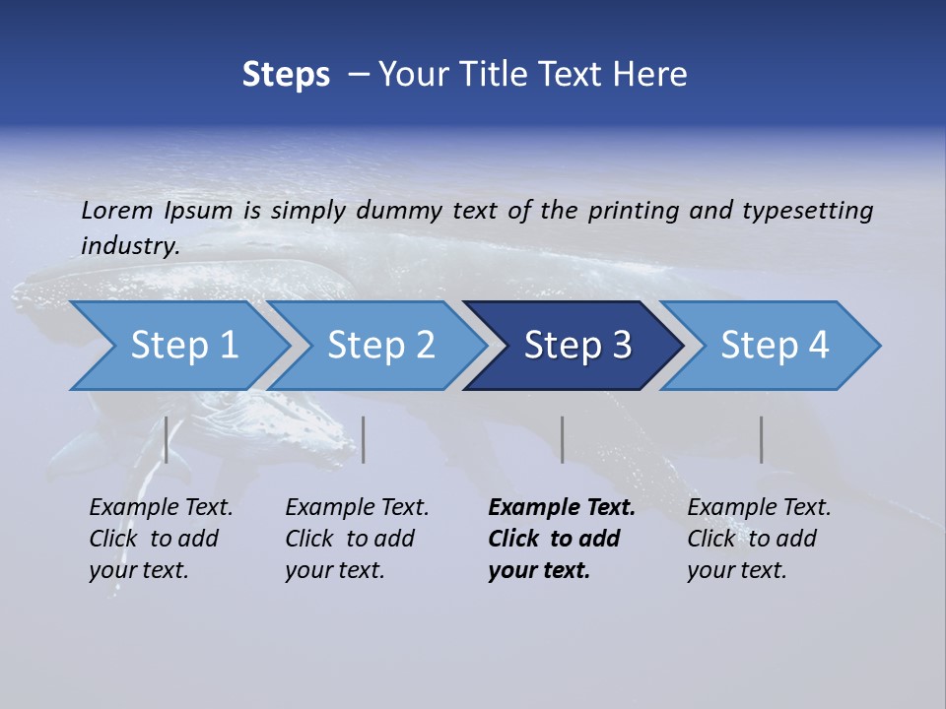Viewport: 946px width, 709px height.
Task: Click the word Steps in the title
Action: click(x=286, y=75)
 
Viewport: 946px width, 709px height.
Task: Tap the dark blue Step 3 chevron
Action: click(x=577, y=346)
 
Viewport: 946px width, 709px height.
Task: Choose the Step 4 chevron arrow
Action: click(x=775, y=346)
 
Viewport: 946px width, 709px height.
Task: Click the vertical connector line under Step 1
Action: click(x=167, y=439)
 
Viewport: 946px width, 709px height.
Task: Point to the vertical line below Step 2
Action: click(x=364, y=439)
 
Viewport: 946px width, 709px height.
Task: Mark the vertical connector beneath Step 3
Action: click(x=563, y=439)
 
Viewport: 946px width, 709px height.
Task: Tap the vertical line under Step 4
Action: click(x=762, y=439)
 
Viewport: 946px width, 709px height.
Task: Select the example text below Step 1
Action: click(x=161, y=539)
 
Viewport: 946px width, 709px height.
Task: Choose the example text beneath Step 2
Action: click(x=357, y=539)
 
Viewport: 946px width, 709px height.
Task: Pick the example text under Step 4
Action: click(x=759, y=539)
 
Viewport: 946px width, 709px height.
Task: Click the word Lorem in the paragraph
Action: click(x=117, y=211)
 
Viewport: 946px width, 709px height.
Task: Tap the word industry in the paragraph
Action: click(x=129, y=246)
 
